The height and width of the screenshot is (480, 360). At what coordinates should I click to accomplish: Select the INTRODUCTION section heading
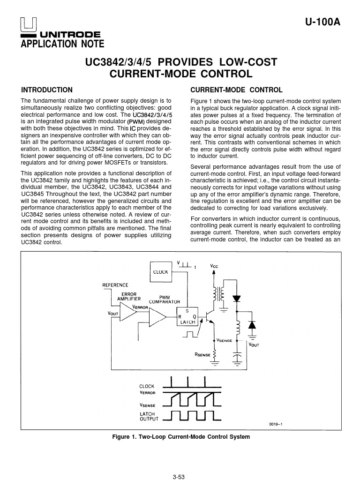47,90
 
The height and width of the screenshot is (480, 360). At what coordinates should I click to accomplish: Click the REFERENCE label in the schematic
115,285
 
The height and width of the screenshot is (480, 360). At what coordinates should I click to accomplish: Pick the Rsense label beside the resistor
202,355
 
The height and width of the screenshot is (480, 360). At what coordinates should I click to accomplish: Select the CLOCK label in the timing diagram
147,386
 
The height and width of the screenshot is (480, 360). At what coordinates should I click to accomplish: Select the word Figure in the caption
122,437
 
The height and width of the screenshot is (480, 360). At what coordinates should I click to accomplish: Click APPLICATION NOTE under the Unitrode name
62,44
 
